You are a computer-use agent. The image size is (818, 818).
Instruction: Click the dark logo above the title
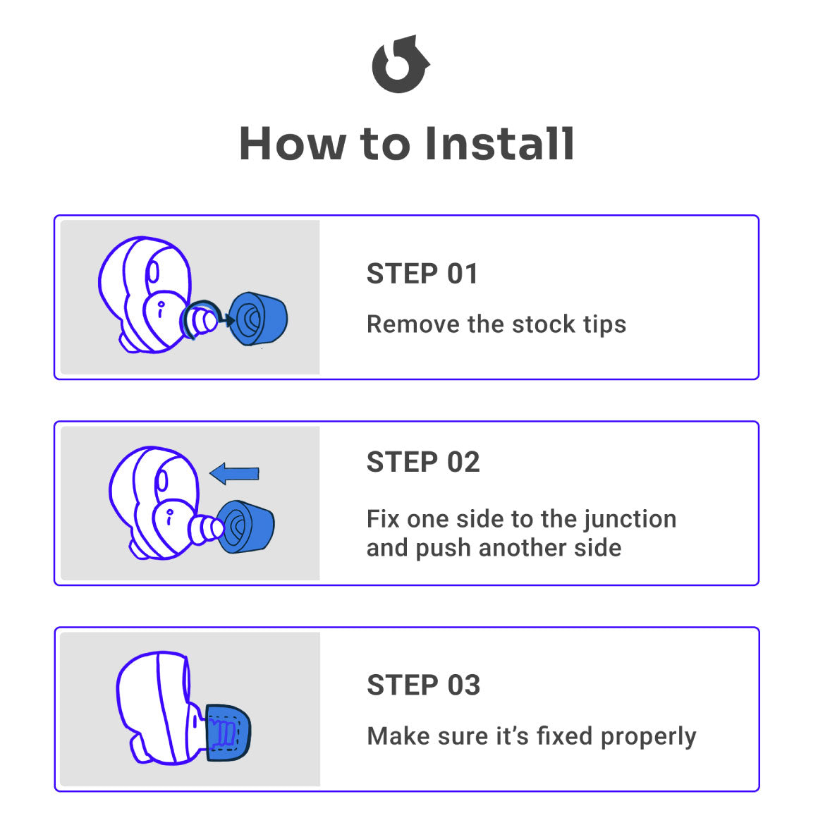point(400,65)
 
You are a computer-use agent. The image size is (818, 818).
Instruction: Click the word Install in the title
point(500,143)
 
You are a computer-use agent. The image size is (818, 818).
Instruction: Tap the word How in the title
point(292,143)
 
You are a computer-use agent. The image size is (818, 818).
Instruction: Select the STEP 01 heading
point(422,274)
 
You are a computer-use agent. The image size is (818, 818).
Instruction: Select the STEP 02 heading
point(423,462)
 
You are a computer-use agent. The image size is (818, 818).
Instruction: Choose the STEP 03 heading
point(424,685)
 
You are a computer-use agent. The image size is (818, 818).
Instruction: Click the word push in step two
point(443,549)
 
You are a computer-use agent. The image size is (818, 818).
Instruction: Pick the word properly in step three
point(649,737)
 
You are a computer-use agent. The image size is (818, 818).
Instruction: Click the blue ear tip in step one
point(258,319)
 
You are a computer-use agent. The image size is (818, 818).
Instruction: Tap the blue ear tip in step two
point(245,527)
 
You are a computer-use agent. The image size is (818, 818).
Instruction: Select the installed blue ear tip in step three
point(228,733)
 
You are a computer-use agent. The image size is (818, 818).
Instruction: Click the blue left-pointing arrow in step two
point(234,473)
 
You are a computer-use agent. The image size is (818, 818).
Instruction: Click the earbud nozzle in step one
point(200,322)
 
